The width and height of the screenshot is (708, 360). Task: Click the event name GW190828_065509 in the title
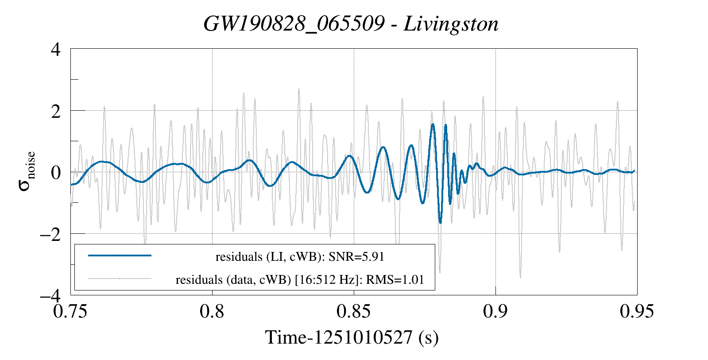(294, 24)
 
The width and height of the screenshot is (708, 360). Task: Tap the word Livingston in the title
(451, 24)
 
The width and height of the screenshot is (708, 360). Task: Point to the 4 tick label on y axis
(56, 49)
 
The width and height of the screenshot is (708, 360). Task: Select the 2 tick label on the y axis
(56, 111)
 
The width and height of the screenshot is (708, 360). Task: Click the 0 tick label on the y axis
(56, 172)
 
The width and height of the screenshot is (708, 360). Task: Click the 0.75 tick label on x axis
(70, 311)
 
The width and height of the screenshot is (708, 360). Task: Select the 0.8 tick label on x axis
(212, 311)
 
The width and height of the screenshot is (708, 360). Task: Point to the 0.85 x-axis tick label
(354, 311)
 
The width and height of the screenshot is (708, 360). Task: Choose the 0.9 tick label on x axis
(495, 311)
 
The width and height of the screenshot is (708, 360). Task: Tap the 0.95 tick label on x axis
(637, 311)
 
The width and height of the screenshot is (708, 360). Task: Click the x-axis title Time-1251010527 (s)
(352, 337)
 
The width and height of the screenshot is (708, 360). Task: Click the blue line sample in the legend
(120, 255)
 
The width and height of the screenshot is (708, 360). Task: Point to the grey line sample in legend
(120, 279)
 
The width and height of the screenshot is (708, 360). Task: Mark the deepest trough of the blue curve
(440, 223)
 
